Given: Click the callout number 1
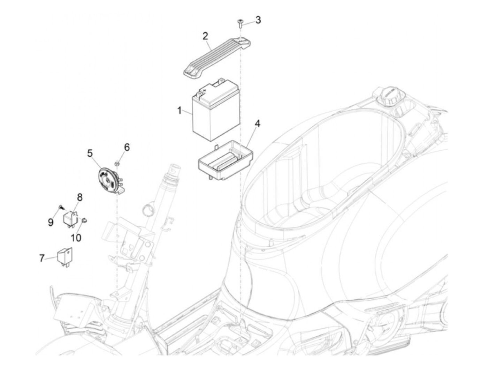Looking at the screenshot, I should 179,111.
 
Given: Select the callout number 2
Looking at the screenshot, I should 205,36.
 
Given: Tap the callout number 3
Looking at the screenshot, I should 258,20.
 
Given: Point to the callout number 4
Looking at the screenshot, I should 257,123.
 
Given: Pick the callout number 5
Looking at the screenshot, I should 90,153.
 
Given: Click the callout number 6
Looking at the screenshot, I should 127,147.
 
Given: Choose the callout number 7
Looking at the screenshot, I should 41,259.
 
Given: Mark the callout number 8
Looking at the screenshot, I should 79,197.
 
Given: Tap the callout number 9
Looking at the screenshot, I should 51,222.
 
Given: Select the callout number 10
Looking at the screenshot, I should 76,238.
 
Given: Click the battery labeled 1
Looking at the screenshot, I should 216,112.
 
